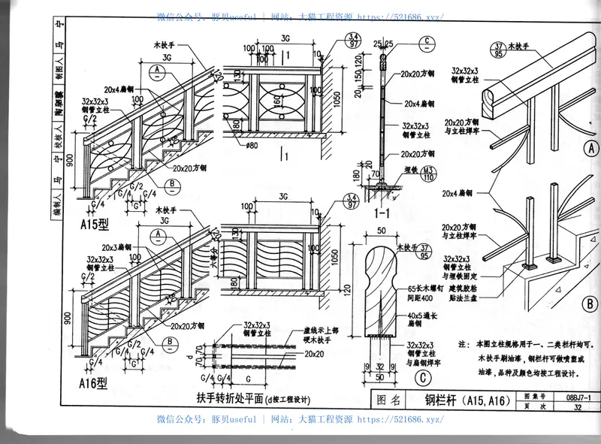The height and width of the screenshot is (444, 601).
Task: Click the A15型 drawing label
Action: point(95,223)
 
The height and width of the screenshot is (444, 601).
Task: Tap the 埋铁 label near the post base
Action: point(409,170)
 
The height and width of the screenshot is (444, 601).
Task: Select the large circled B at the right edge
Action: point(590,305)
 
